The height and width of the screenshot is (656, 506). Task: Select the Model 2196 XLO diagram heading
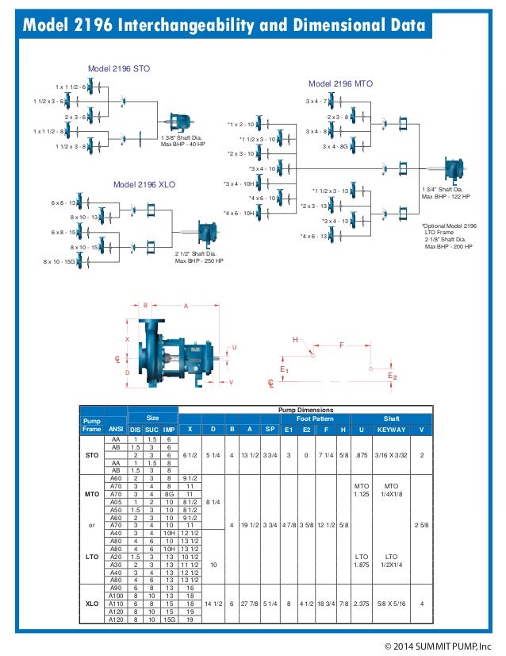point(144,184)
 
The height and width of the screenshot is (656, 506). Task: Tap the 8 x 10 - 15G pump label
point(59,261)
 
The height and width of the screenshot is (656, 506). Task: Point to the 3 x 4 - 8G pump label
point(338,147)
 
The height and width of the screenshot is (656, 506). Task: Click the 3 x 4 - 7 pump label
point(317,102)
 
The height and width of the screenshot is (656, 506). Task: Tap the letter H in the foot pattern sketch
point(296,340)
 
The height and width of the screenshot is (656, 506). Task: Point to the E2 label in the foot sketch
point(392,375)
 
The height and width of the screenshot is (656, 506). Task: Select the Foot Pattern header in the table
point(315,419)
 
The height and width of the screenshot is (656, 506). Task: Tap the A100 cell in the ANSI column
point(116,596)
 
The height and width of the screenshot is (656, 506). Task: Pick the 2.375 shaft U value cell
point(362,604)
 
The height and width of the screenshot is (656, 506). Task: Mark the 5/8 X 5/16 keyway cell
point(392,604)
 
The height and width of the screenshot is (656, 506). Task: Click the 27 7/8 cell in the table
point(251,604)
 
